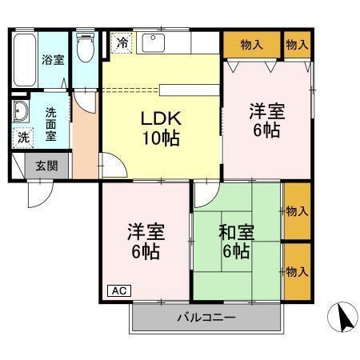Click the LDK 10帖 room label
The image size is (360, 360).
pyautogui.click(x=161, y=126)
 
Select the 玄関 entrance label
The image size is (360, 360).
pyautogui.click(x=41, y=166)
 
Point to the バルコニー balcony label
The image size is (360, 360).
pyautogui.click(x=206, y=318)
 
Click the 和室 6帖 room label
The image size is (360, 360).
pyautogui.click(x=236, y=242)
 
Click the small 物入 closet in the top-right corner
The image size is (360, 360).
pyautogui.click(x=297, y=44)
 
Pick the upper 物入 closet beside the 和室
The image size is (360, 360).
pyautogui.click(x=298, y=211)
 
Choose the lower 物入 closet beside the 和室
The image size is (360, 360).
pyautogui.click(x=298, y=272)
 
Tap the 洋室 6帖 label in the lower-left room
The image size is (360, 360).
pyautogui.click(x=145, y=242)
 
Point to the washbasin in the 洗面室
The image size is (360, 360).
pyautogui.click(x=20, y=112)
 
